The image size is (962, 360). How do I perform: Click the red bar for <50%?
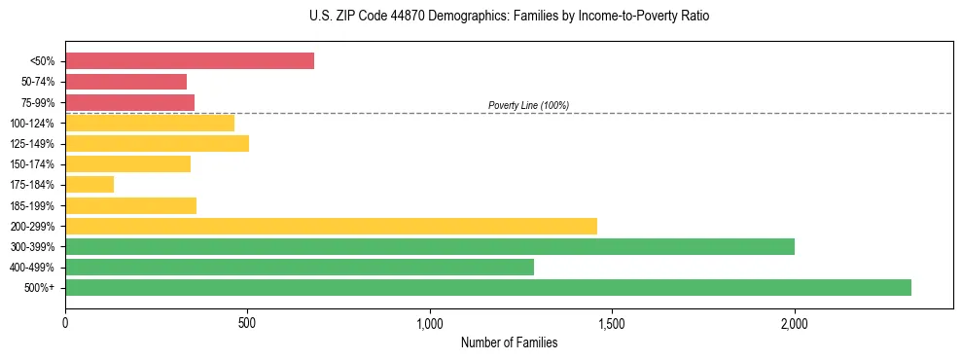point(190,61)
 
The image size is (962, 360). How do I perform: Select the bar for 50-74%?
point(126,82)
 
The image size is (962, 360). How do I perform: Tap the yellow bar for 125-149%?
point(157,144)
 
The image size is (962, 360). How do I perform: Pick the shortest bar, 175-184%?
point(89,185)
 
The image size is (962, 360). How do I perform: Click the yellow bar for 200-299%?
point(331,227)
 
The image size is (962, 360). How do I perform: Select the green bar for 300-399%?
point(430,247)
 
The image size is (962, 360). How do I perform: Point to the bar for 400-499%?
point(300,268)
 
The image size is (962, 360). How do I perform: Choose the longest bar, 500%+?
point(488,288)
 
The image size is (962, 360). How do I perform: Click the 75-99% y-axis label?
point(38,103)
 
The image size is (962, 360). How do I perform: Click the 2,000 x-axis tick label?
point(795,322)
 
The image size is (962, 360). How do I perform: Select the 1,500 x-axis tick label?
point(612,322)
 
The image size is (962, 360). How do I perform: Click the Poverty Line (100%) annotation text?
point(528,105)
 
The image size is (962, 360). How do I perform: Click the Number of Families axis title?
point(509,342)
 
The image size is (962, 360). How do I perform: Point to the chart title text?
point(509,17)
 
